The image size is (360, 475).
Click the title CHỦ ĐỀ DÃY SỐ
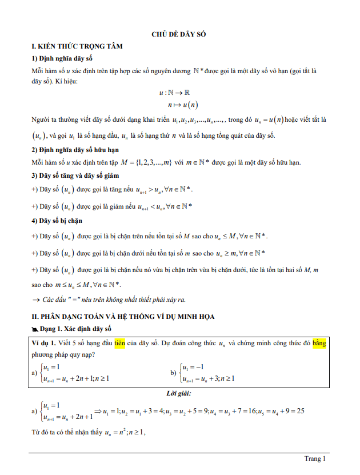pos(179,34)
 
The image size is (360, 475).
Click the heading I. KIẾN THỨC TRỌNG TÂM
pos(77,46)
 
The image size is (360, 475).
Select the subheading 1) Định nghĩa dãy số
pos(62,58)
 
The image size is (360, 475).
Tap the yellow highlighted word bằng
pos(318,343)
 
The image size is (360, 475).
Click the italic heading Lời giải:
pos(179,394)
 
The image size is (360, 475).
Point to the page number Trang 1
pos(315,458)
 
